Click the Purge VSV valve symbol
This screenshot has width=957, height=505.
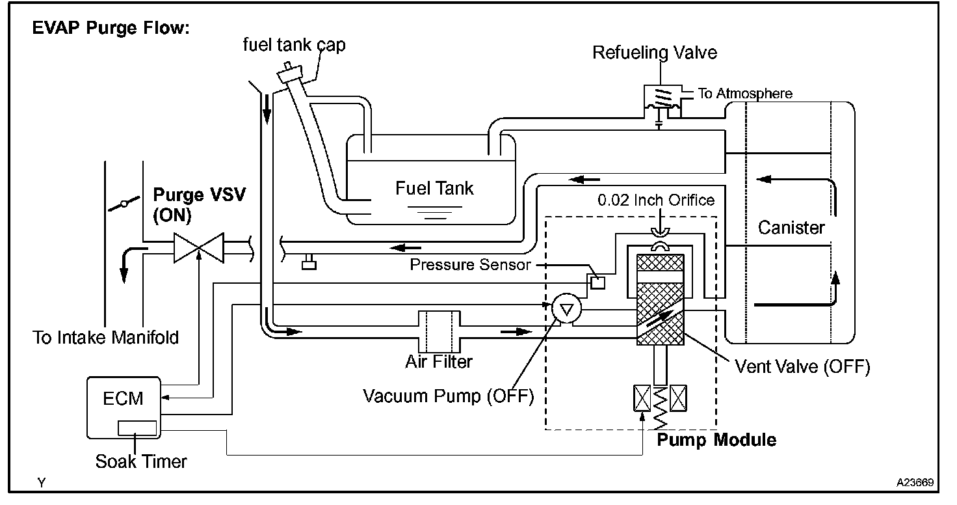tap(199, 249)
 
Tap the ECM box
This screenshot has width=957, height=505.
tap(124, 407)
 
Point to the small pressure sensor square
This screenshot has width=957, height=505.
tap(596, 282)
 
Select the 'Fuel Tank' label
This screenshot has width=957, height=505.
tap(434, 189)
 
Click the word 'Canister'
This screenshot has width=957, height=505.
tap(791, 228)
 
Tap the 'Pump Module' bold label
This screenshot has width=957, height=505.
tap(716, 440)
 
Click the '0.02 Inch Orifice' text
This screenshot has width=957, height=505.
tap(656, 200)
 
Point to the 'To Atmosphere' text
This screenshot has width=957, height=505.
tap(745, 94)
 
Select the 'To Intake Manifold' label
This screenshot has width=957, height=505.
tap(105, 338)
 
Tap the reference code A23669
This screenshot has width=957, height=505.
tap(915, 483)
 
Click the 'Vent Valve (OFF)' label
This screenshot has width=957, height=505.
tap(802, 366)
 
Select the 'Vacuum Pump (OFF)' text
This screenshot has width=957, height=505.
tap(448, 396)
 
